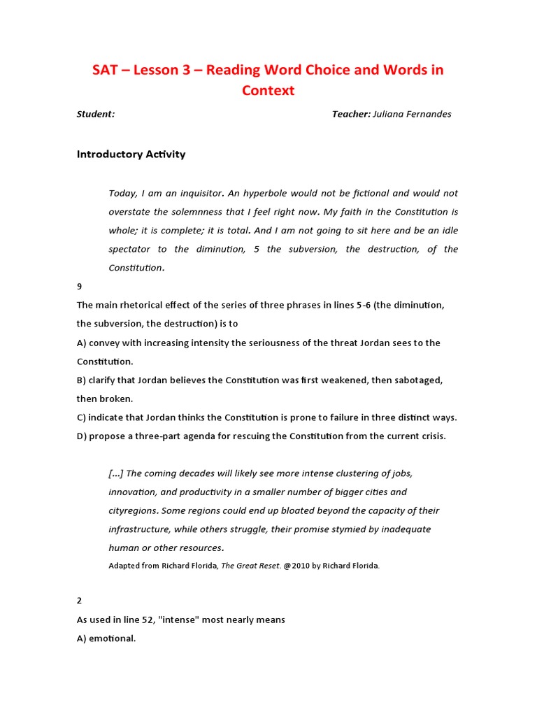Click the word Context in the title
pos(268,90)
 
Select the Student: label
pos(96,115)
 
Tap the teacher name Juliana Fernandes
pos(413,115)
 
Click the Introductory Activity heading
pos(131,155)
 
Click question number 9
pos(80,287)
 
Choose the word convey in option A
pos(105,343)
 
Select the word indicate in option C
pos(107,417)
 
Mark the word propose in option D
pos(107,436)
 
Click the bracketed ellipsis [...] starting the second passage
pos(115,473)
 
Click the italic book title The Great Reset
pos(251,566)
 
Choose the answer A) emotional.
pos(106,638)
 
